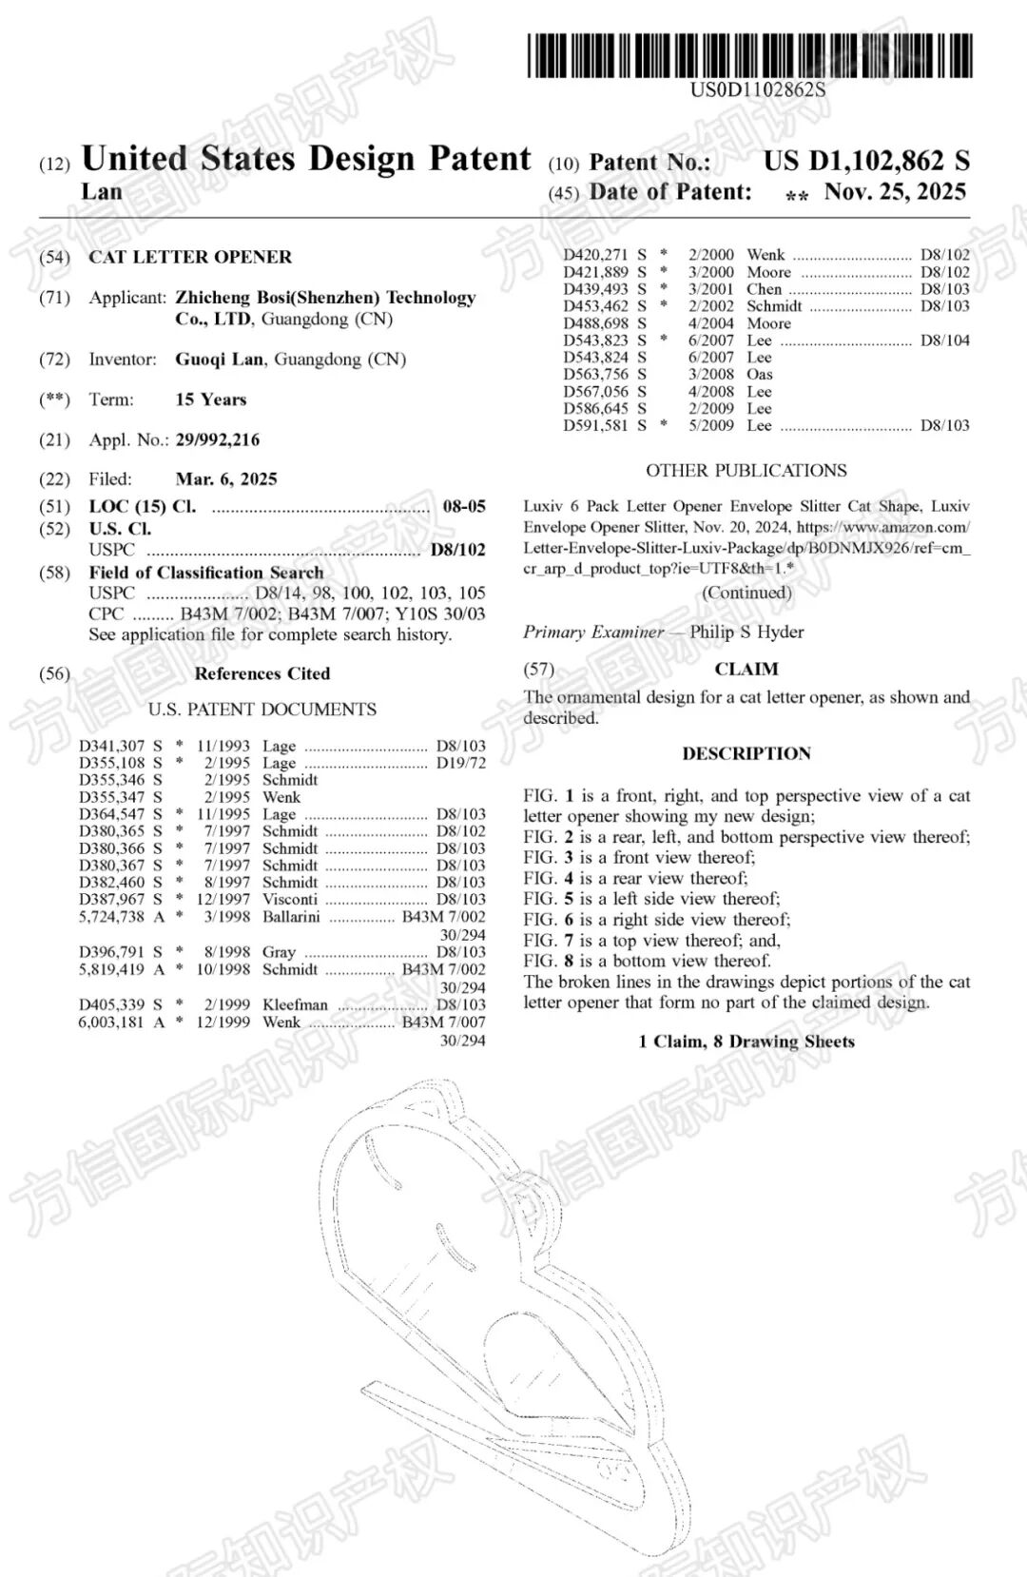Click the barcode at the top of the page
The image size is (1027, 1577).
[750, 55]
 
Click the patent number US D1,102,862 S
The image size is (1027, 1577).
[866, 161]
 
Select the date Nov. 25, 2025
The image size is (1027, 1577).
[895, 192]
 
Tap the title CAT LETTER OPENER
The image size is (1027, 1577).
[190, 257]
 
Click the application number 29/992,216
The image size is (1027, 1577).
[217, 439]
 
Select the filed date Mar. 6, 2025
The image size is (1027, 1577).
[226, 479]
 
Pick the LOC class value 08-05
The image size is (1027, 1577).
[464, 506]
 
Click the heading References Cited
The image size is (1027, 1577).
[262, 673]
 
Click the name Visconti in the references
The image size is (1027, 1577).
[290, 899]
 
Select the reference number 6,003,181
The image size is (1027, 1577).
[111, 1022]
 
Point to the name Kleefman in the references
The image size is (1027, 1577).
[295, 1004]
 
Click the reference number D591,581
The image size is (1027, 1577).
[595, 425]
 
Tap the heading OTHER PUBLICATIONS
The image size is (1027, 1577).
[746, 471]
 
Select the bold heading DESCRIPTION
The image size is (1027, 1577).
[746, 753]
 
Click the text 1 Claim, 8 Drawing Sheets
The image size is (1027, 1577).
[746, 1042]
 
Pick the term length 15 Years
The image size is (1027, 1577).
[211, 399]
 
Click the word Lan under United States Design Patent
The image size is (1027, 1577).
[102, 192]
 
